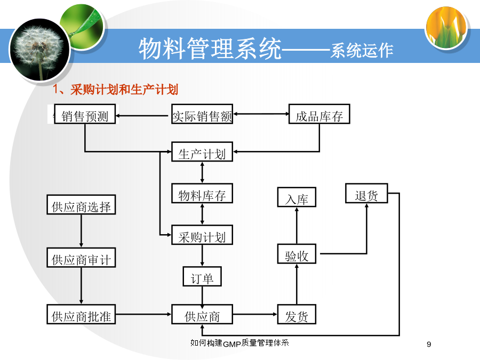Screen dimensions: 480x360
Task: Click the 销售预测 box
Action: coord(85,114)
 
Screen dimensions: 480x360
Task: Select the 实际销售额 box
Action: coord(202,114)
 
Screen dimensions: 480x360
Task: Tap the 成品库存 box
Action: coord(319,114)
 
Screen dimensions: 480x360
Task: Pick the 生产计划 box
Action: coord(202,151)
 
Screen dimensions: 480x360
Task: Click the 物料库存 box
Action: coord(202,193)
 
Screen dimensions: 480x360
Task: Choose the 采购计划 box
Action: coord(202,235)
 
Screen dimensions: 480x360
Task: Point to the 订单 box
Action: coord(202,276)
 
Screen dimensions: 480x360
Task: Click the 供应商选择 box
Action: coord(81,204)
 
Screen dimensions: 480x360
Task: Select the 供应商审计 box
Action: coord(81,258)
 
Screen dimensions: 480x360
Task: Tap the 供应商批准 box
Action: coord(81,314)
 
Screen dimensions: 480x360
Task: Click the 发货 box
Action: coord(297,314)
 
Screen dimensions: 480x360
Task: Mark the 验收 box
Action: coord(297,254)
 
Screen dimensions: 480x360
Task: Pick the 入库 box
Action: coord(297,197)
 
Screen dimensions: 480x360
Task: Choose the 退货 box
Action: coord(366,193)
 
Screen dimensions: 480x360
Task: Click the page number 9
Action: coord(429,345)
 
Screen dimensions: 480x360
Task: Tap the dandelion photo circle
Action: coord(40,50)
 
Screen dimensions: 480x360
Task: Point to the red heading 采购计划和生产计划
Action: coord(124,90)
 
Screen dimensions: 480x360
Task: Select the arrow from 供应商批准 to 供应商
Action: coord(143,314)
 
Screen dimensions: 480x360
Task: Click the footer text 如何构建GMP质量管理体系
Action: coord(239,343)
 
